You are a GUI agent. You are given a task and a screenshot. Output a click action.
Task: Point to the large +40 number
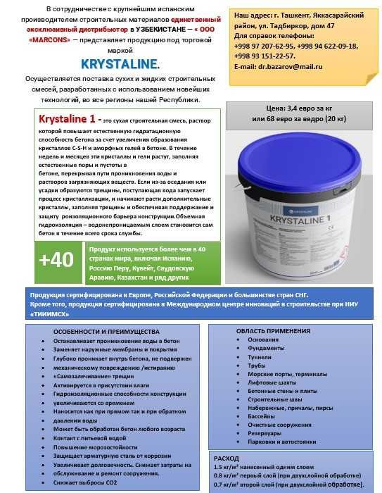tap(56, 259)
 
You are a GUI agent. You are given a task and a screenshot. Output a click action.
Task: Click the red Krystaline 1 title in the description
tap(69, 118)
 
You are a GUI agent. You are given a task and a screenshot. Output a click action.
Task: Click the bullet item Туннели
tap(259, 356)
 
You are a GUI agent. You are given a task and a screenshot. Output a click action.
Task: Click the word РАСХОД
tap(227, 457)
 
